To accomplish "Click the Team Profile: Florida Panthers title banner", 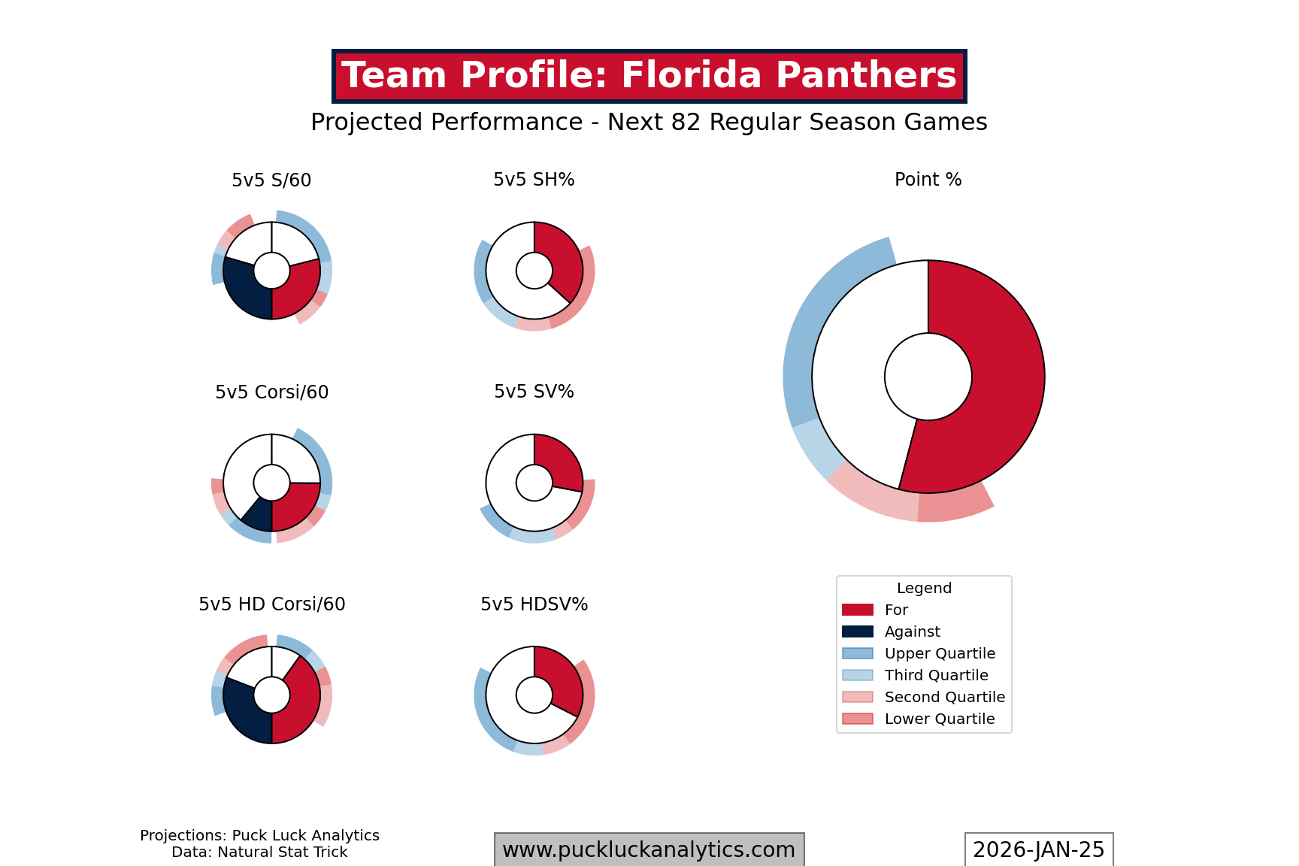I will tap(649, 76).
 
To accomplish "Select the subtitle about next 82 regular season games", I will tap(649, 122).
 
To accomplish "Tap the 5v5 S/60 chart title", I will tap(271, 180).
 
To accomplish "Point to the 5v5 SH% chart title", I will tap(534, 180).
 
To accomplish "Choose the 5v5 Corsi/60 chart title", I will tap(271, 392).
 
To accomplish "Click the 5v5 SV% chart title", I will tap(534, 392).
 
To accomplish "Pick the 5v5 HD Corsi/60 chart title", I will tap(271, 604).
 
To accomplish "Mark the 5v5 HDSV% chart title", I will tap(534, 604).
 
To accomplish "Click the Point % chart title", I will tap(928, 180).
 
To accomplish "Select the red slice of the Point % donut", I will tap(992, 376).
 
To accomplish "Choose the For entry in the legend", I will tap(895, 610).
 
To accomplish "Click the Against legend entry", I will tap(911, 631).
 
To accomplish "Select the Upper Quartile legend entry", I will tap(939, 653).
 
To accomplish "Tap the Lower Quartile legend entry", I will tap(939, 719).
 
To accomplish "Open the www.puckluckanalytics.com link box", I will tap(649, 849).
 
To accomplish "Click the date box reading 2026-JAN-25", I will tap(1038, 849).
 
